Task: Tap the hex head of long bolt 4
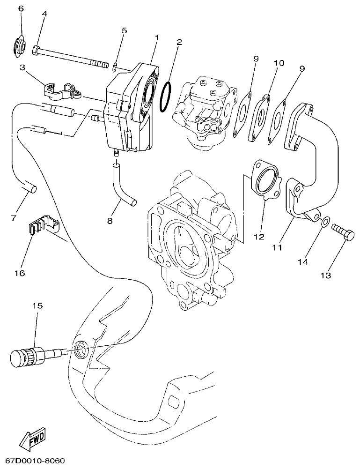pyautogui.click(x=36, y=50)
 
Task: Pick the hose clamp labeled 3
pyautogui.click(x=61, y=90)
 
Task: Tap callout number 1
pyautogui.click(x=157, y=37)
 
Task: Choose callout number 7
pyautogui.click(x=14, y=218)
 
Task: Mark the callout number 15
pyautogui.click(x=37, y=305)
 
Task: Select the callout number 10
pyautogui.click(x=279, y=62)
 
